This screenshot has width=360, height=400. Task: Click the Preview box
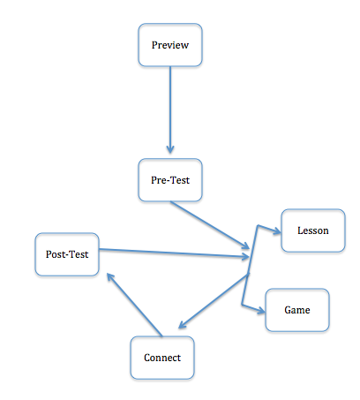pos(170,45)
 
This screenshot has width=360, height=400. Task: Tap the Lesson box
pos(312,231)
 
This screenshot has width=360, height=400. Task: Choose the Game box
pos(296,311)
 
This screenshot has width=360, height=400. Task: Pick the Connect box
pos(162,358)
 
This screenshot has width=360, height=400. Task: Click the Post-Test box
pos(66,254)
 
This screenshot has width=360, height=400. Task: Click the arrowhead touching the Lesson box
pos(275,232)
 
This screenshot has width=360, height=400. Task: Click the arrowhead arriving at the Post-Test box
pos(109,277)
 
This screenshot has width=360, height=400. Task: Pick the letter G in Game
pos(287,311)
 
